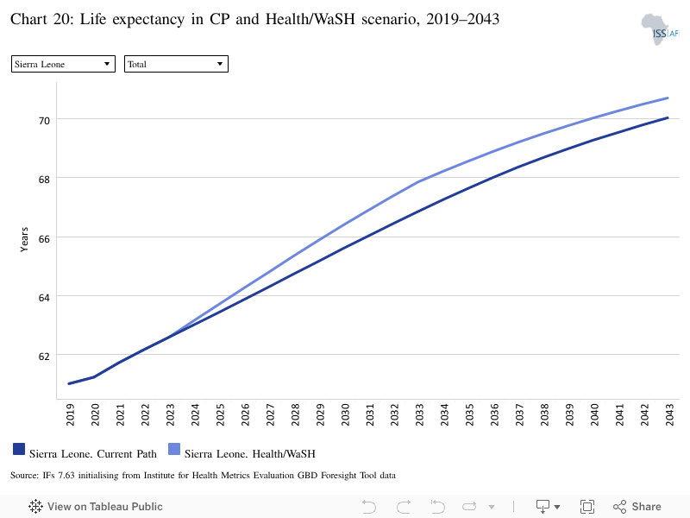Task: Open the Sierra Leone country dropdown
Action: [x=63, y=64]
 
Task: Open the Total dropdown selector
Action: [x=176, y=64]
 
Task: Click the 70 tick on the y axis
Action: [x=44, y=120]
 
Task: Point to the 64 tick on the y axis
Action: [x=44, y=297]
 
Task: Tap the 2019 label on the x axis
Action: [x=70, y=415]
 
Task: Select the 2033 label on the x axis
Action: [x=419, y=415]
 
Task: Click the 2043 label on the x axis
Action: [x=669, y=415]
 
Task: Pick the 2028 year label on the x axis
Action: [x=295, y=415]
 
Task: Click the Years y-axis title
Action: [x=24, y=240]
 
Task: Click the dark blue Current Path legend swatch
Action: [x=19, y=449]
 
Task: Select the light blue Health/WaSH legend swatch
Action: [x=174, y=449]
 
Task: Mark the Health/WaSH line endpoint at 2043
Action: [x=668, y=98]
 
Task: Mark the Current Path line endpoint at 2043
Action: [x=668, y=117]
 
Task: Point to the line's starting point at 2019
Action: [x=69, y=383]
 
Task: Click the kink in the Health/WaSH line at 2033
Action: [x=418, y=181]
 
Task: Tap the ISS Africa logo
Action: [x=660, y=29]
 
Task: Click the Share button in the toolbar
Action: [x=637, y=507]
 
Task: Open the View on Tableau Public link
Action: [x=96, y=507]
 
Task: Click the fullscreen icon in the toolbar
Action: [x=587, y=507]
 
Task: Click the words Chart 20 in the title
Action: [x=42, y=19]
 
